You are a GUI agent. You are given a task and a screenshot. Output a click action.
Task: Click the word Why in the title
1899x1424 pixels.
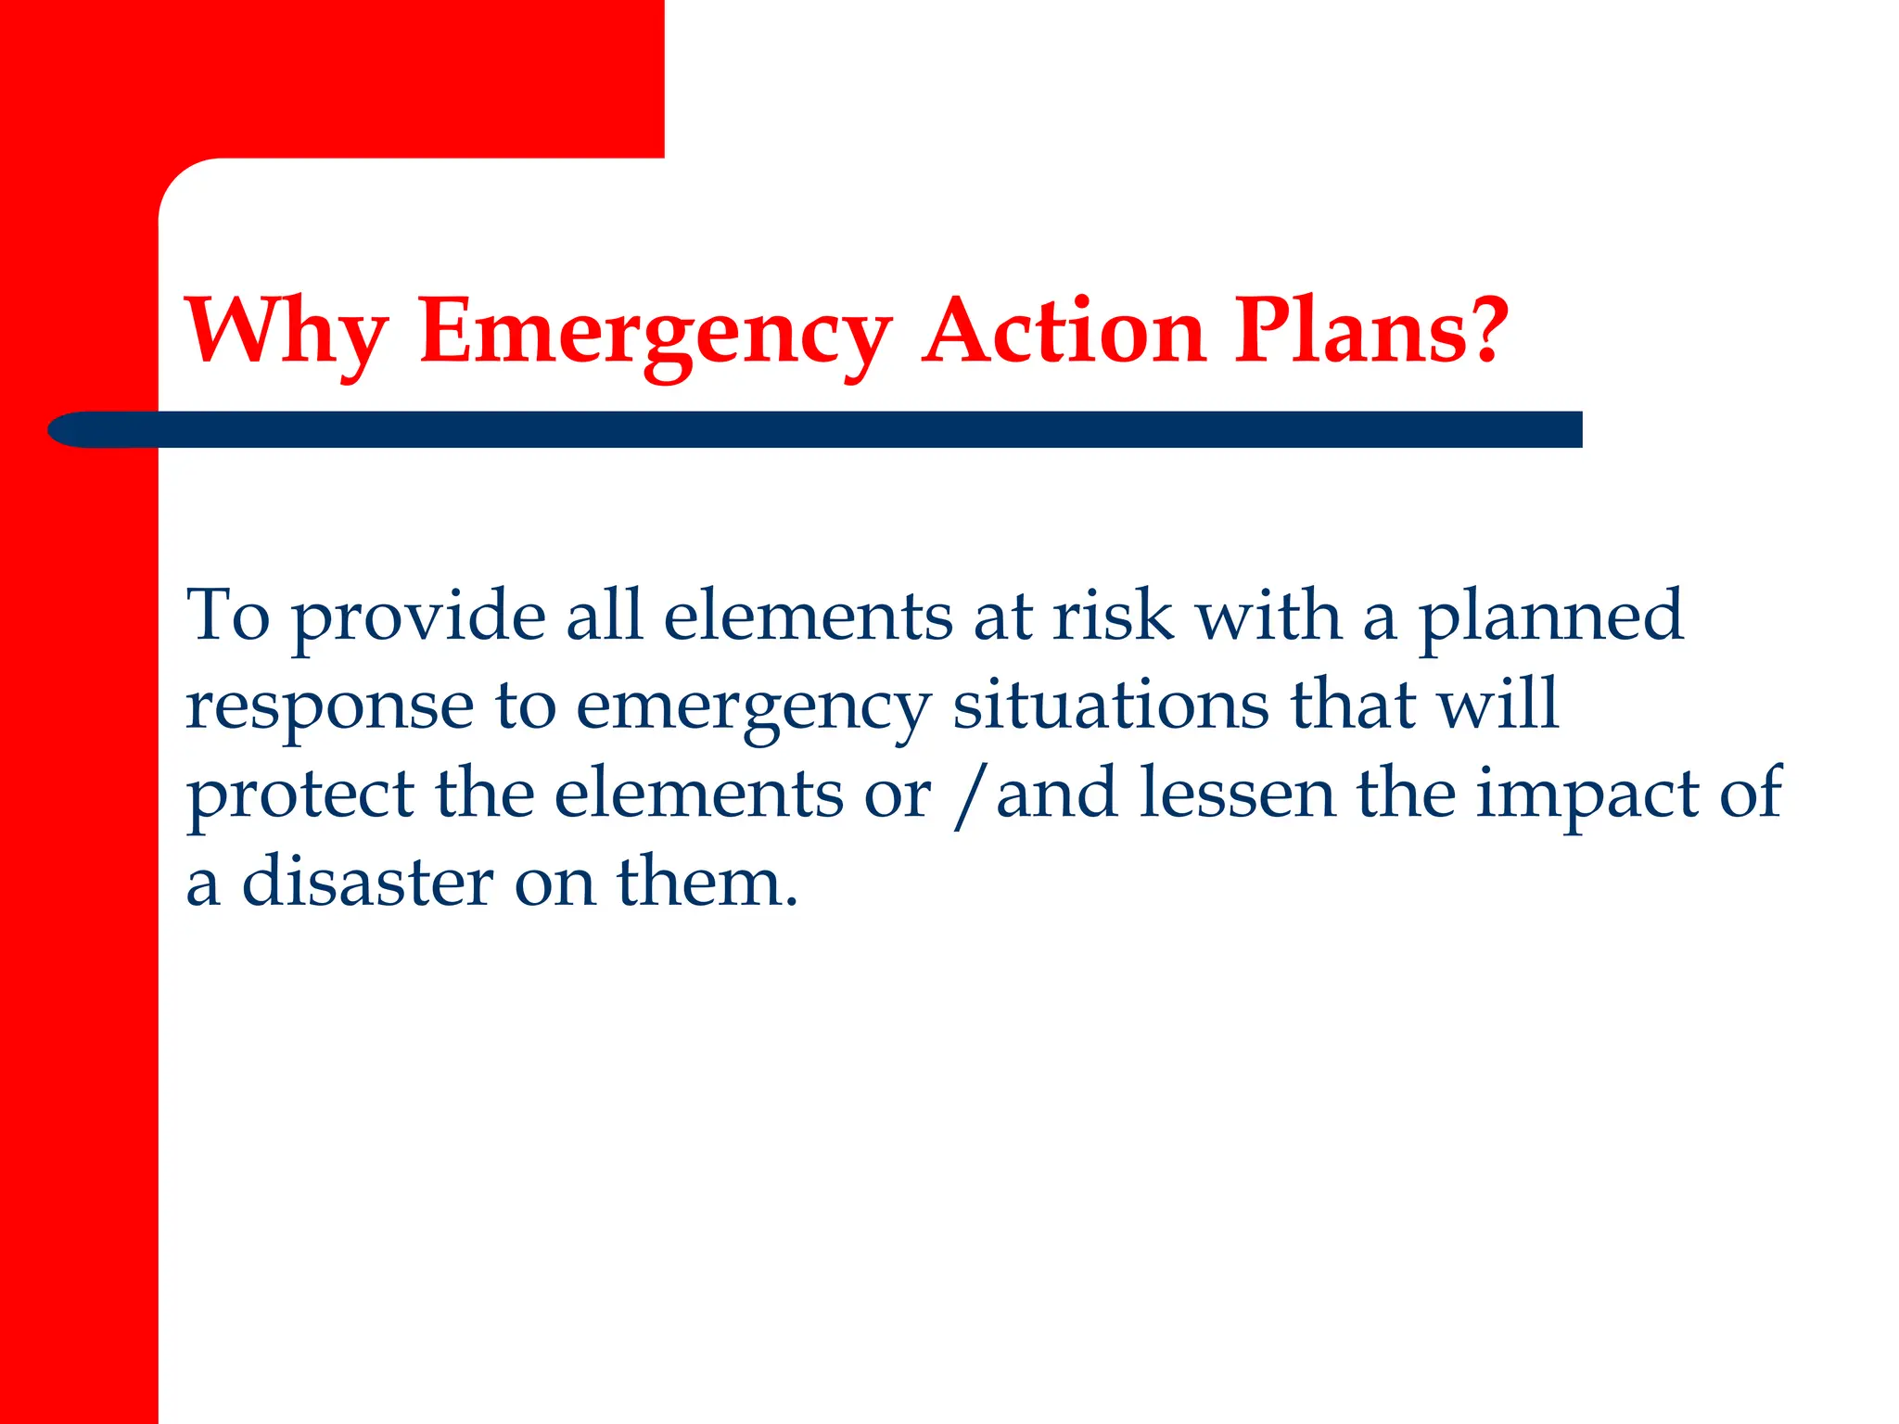point(286,331)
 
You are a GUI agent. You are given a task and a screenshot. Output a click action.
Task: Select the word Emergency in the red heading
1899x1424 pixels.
point(655,333)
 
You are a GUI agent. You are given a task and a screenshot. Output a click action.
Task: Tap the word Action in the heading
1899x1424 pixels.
point(1064,331)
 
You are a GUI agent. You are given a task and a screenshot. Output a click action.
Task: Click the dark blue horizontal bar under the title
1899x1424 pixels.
point(835,429)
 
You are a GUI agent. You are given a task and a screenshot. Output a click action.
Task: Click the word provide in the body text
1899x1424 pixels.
point(419,617)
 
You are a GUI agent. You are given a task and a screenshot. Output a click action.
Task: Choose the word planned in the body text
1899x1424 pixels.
point(1550,617)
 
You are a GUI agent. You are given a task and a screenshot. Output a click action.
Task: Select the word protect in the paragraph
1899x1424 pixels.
point(300,795)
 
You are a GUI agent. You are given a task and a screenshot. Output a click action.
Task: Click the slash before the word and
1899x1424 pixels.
point(968,795)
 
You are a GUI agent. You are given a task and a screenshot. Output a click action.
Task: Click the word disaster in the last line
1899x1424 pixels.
point(367,882)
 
